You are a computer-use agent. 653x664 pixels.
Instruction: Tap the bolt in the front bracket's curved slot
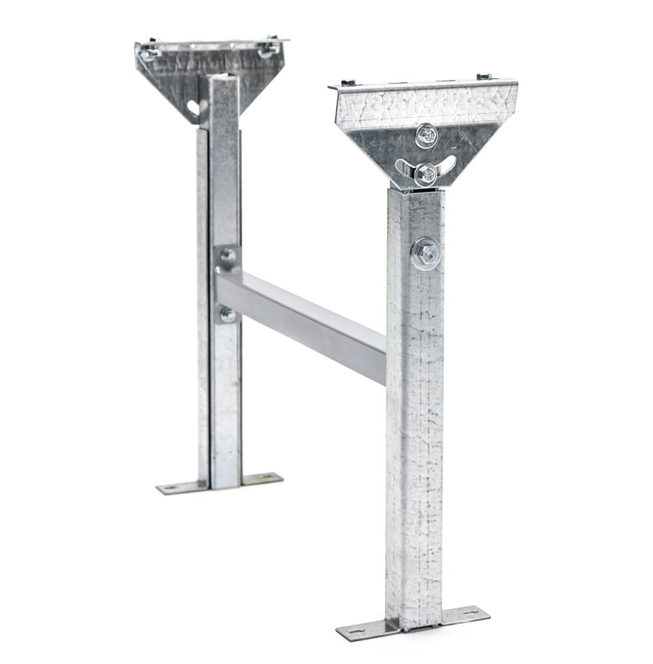click(x=425, y=173)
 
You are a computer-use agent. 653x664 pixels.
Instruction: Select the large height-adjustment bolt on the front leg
click(x=426, y=252)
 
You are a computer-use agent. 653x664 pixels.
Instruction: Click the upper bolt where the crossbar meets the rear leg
click(x=227, y=256)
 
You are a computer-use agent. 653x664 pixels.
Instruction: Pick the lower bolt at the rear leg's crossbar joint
click(x=227, y=315)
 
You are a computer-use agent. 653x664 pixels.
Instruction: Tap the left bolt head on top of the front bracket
click(x=348, y=82)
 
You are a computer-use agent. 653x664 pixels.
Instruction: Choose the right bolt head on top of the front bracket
click(x=483, y=77)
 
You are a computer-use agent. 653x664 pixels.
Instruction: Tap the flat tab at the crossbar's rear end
click(x=227, y=286)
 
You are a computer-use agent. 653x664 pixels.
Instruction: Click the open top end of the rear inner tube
click(x=224, y=77)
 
